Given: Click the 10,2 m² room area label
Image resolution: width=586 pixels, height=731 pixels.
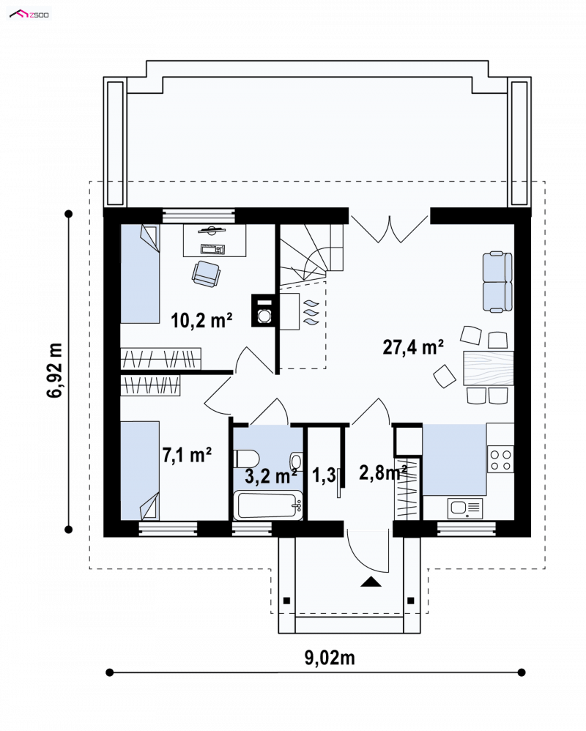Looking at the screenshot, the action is click(x=201, y=320).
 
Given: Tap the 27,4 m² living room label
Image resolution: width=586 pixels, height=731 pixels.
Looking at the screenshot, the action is click(x=413, y=347).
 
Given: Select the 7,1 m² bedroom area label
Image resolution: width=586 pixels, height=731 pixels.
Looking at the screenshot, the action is click(x=187, y=455).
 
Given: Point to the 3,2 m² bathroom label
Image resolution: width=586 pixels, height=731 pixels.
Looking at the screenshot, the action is click(x=271, y=476).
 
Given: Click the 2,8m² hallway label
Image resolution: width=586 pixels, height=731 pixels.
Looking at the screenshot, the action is click(x=383, y=472).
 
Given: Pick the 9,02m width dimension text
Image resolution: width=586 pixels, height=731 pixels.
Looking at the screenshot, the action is click(x=330, y=658).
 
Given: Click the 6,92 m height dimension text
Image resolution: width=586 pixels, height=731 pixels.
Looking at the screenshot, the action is click(x=54, y=370).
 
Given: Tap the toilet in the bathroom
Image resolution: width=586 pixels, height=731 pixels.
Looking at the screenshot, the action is click(x=245, y=459).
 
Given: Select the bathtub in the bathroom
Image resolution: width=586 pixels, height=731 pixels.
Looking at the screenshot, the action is click(x=267, y=505).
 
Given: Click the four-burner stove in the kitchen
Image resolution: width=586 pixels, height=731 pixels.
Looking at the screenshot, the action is click(x=500, y=460).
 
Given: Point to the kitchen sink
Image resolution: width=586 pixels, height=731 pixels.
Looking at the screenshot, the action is click(x=465, y=508).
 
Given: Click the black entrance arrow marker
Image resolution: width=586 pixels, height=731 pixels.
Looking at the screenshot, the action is click(x=371, y=582).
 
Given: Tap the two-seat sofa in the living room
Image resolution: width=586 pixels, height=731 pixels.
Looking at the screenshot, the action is click(x=497, y=282).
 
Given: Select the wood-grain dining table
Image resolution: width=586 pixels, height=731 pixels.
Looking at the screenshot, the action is click(x=488, y=368).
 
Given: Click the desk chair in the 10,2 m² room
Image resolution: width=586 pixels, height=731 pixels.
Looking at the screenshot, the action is click(x=205, y=273).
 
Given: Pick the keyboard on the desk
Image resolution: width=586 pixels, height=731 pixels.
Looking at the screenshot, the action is click(x=212, y=250).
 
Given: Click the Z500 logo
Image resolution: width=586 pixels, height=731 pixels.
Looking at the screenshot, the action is click(x=29, y=15).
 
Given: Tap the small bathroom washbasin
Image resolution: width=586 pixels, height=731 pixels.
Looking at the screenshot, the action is click(x=296, y=461).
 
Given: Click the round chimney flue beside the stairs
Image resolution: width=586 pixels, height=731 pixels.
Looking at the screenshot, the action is click(x=264, y=315).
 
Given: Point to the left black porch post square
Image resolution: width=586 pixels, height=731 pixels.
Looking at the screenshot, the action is click(x=286, y=600).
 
